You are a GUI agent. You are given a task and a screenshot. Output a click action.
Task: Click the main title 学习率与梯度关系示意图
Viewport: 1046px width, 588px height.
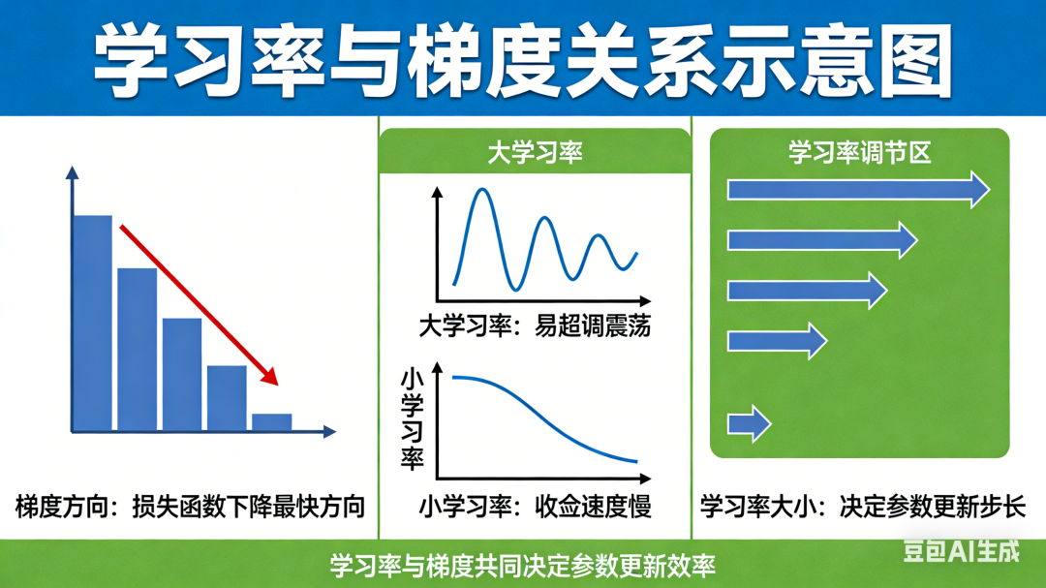[x=523, y=61]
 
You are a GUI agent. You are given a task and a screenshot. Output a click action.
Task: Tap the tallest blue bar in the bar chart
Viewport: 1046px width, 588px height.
[x=92, y=323]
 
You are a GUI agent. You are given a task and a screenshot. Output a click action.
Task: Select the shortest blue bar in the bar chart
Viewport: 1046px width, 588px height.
[x=271, y=422]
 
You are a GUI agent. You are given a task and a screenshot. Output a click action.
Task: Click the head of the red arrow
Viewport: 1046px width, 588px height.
[x=269, y=376]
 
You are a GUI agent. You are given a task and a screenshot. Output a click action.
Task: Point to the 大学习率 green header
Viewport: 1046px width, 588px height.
[x=535, y=152]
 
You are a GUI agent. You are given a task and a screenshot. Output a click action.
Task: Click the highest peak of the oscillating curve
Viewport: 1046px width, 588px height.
[x=482, y=190]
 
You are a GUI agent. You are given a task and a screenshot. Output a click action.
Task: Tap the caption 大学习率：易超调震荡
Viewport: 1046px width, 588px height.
[x=535, y=327]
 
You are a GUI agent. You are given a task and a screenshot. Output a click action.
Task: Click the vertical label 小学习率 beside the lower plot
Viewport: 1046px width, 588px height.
[x=413, y=419]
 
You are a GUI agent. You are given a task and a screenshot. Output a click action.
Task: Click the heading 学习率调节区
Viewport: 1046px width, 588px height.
[x=859, y=153]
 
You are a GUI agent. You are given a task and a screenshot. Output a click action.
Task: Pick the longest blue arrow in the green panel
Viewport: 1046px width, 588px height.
[x=858, y=190]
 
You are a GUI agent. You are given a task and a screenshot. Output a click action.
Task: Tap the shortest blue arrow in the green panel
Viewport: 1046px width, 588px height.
[x=749, y=423]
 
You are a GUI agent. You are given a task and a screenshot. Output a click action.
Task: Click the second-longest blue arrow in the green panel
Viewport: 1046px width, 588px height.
[x=822, y=239]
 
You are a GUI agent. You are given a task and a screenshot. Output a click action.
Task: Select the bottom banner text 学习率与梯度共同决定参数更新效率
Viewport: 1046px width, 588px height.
[x=523, y=566]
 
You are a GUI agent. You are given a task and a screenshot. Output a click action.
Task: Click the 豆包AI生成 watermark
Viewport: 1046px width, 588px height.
[x=962, y=551]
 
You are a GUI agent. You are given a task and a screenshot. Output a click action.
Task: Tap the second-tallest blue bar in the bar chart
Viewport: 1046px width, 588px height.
[x=138, y=350]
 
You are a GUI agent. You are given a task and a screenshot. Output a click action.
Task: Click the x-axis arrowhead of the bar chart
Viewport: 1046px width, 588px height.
[x=329, y=432]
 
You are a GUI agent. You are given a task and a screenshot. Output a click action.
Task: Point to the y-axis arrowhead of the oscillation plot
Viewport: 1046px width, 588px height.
[x=438, y=192]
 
